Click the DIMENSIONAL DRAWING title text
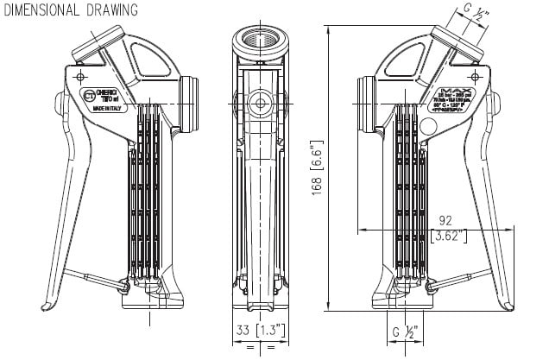pyautogui.click(x=68, y=10)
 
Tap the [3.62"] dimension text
pyautogui.click(x=449, y=234)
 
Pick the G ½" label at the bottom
pyautogui.click(x=405, y=331)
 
